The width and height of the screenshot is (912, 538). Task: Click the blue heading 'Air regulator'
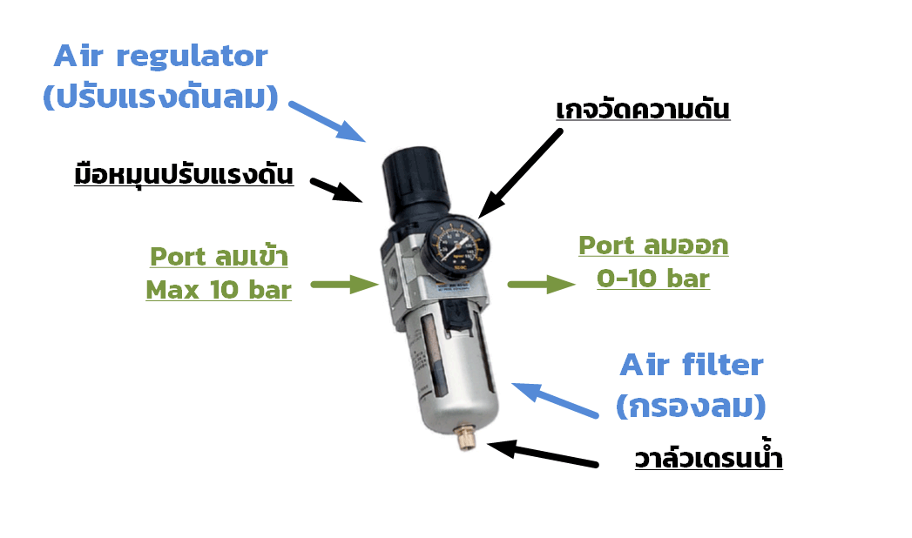pyautogui.click(x=161, y=57)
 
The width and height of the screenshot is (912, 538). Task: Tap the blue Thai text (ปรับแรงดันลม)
pyautogui.click(x=161, y=97)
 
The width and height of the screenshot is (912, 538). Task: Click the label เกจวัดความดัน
pyautogui.click(x=642, y=111)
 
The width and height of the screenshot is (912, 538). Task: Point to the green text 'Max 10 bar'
pyautogui.click(x=218, y=289)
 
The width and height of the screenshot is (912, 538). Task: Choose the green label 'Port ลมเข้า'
pyautogui.click(x=218, y=258)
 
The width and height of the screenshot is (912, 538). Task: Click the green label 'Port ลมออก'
pyautogui.click(x=653, y=246)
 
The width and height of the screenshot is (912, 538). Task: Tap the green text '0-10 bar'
pyautogui.click(x=653, y=279)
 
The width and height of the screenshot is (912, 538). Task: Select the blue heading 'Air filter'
pyautogui.click(x=691, y=366)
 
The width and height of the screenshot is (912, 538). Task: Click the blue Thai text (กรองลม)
pyautogui.click(x=691, y=405)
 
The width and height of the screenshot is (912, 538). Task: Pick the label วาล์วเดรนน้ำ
pyautogui.click(x=708, y=458)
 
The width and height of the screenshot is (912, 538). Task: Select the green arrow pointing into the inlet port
pyautogui.click(x=343, y=284)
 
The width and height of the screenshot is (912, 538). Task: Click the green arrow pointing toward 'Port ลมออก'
pyautogui.click(x=541, y=284)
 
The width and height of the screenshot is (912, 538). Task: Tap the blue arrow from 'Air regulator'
pyautogui.click(x=328, y=121)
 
